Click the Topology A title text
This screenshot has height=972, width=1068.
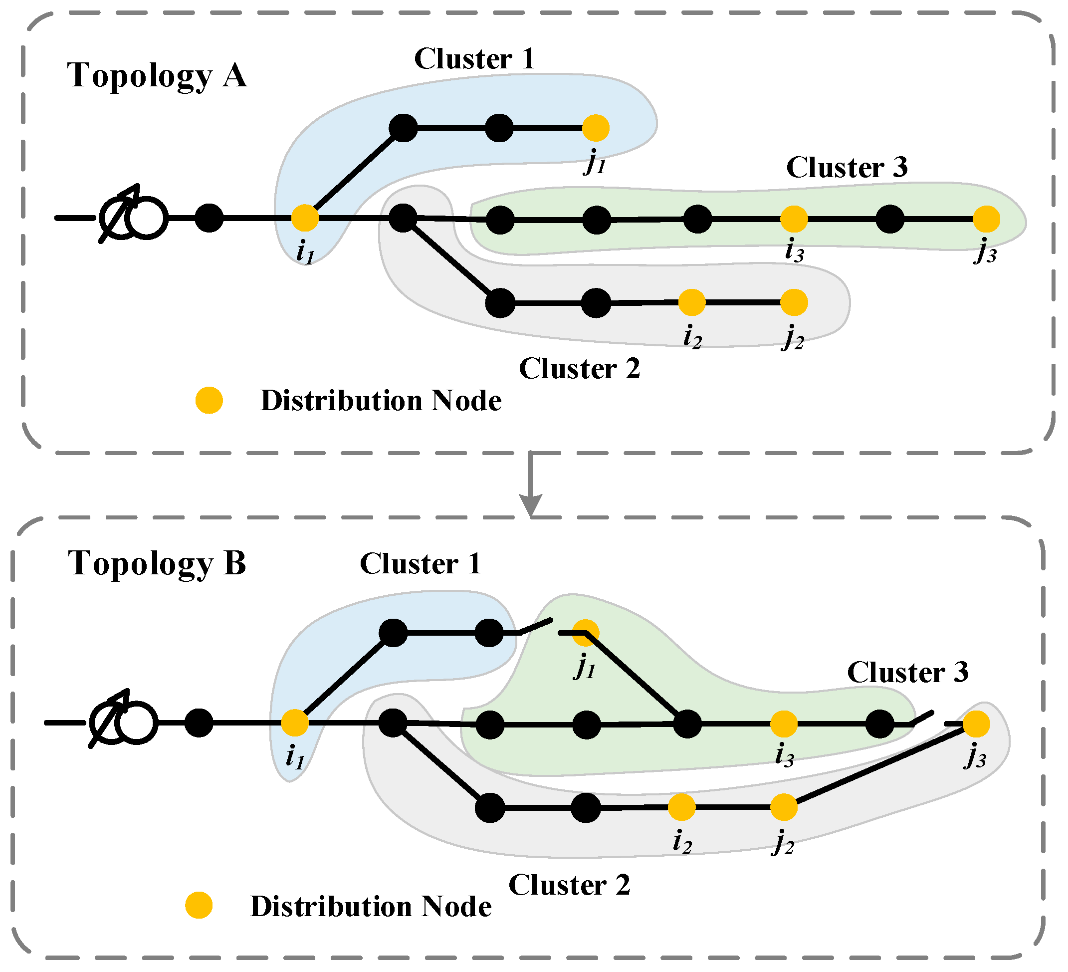157,75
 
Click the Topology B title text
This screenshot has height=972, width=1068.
157,563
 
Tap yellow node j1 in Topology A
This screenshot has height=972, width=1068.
596,128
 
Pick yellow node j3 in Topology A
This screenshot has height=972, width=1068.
986,219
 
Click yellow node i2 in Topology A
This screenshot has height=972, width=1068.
692,302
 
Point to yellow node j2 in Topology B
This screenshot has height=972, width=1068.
784,807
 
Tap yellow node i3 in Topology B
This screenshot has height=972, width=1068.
784,724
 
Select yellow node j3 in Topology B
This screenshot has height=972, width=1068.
976,724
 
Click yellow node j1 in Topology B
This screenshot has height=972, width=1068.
586,633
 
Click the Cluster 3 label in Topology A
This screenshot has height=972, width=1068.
847,168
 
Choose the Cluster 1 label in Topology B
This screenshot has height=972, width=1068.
420,564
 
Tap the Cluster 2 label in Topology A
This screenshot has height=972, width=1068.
579,369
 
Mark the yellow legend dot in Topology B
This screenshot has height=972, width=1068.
199,905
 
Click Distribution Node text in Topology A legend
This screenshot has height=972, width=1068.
381,401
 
